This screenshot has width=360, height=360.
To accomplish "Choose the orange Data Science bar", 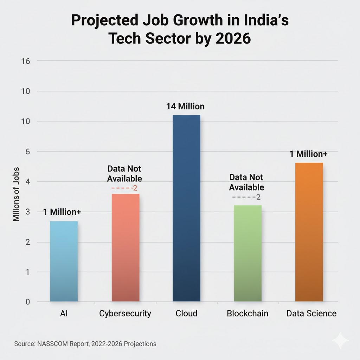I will pyautogui.click(x=309, y=232).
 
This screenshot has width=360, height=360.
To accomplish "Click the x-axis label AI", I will pyautogui.click(x=64, y=313).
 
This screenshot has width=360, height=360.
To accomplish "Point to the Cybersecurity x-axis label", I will pyautogui.click(x=125, y=313).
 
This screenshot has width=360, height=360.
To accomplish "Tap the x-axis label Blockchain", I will pyautogui.click(x=247, y=313).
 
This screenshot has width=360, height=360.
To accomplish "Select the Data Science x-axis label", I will pyautogui.click(x=311, y=313).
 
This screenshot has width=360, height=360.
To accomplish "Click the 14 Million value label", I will pyautogui.click(x=185, y=106).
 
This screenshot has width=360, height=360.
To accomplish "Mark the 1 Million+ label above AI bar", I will pyautogui.click(x=62, y=212).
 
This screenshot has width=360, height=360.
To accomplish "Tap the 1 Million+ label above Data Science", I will pyautogui.click(x=309, y=154).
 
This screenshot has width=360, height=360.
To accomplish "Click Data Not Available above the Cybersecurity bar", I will pyautogui.click(x=124, y=173).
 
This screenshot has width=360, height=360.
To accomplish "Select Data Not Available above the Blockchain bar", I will pyautogui.click(x=246, y=182).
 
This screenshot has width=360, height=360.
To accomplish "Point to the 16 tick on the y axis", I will pyautogui.click(x=26, y=61).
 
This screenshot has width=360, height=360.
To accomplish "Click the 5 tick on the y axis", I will pyautogui.click(x=28, y=152).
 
